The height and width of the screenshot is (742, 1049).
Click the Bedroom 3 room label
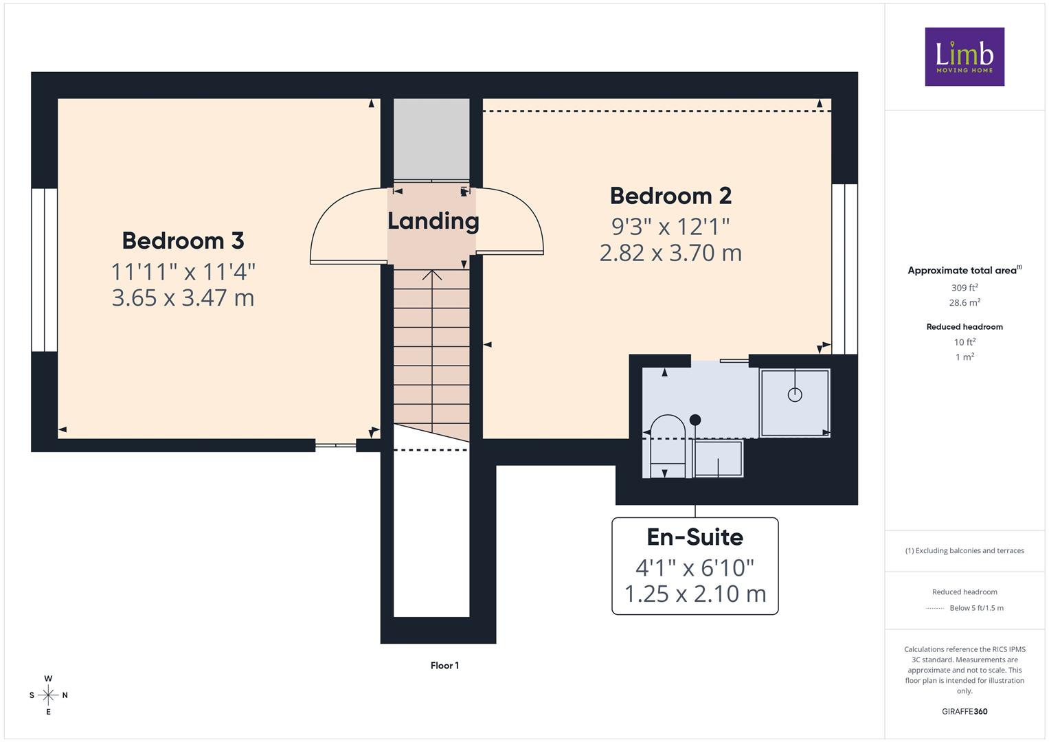(x=183, y=240)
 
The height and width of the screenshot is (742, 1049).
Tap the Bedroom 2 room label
(x=670, y=196)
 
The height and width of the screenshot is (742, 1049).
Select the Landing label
(x=433, y=221)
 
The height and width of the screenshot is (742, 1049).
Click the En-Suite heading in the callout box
(x=695, y=537)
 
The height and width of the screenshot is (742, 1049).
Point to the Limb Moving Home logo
(x=965, y=56)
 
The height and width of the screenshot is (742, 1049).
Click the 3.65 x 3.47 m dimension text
(x=183, y=298)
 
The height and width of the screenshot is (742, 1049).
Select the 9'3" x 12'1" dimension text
(x=670, y=227)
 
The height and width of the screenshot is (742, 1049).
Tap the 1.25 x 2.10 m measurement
(x=695, y=594)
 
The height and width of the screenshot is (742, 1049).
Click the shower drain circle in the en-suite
(x=795, y=395)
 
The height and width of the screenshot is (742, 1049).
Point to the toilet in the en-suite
(x=668, y=446)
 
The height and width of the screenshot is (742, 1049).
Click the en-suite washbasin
(x=718, y=458)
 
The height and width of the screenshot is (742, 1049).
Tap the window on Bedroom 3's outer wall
(x=45, y=270)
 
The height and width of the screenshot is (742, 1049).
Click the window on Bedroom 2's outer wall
(x=845, y=269)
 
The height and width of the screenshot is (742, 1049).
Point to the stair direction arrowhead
(x=432, y=275)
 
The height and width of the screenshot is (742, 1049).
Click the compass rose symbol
(x=48, y=695)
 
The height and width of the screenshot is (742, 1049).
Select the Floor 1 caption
(x=444, y=666)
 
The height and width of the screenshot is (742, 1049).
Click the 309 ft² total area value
(x=965, y=288)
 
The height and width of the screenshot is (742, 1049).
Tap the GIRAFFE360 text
(x=965, y=711)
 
